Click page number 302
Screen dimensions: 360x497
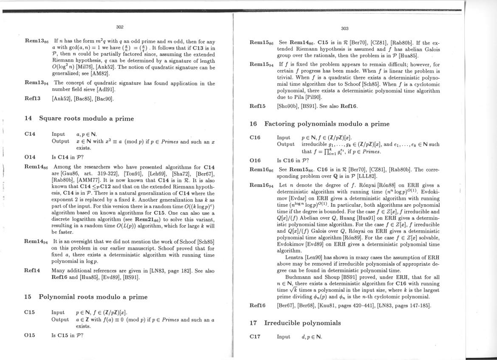tap(120, 27)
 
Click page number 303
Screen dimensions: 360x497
tap(345, 28)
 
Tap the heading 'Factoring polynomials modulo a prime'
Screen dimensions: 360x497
tap(327, 124)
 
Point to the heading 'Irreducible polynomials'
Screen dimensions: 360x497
tap(302, 323)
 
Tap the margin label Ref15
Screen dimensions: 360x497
tap(258, 106)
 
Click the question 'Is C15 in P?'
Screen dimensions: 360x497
tap(67, 335)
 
